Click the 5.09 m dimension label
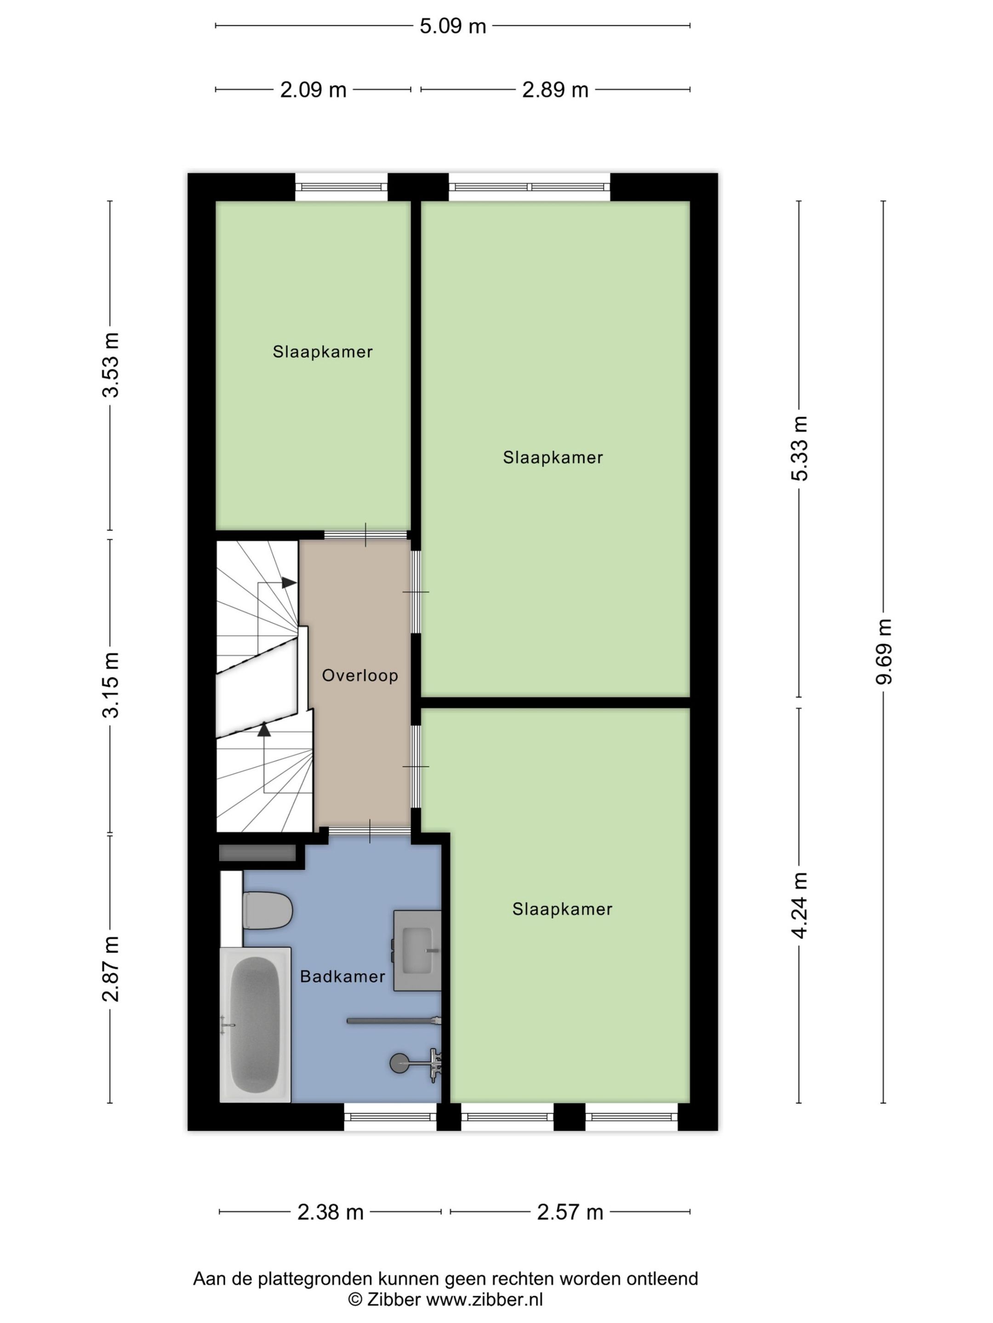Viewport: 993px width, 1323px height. (x=452, y=26)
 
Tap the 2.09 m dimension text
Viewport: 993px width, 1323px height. (x=313, y=90)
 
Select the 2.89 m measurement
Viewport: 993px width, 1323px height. (x=555, y=90)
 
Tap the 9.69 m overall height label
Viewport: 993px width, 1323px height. (x=884, y=651)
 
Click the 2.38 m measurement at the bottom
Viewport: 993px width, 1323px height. (x=331, y=1212)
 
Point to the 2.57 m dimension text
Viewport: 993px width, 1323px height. (x=570, y=1212)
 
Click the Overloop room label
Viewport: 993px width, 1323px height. (x=360, y=676)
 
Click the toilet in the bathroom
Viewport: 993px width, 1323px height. (x=268, y=910)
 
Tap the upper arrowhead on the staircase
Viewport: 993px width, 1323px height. (x=289, y=582)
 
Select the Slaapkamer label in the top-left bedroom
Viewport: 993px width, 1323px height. (x=323, y=352)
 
